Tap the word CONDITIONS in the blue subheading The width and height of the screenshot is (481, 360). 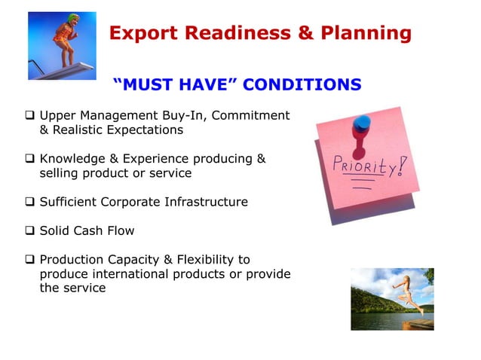click(303, 84)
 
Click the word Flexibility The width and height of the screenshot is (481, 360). click(200, 259)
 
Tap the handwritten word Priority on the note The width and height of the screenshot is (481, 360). click(360, 166)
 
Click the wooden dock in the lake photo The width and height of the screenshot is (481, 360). click(418, 323)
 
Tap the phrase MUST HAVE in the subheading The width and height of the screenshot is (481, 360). click(175, 84)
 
